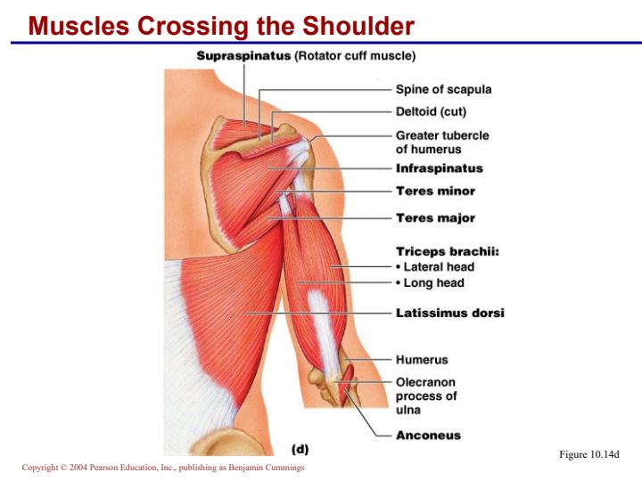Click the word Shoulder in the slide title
(x=358, y=26)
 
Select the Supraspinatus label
(x=243, y=55)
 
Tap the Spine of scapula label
(x=443, y=89)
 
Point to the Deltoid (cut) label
(x=431, y=111)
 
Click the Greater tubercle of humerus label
(x=442, y=142)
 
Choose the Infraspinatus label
(x=440, y=168)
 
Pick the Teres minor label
(x=436, y=191)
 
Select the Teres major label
(x=436, y=218)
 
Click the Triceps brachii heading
(x=448, y=251)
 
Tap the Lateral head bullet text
(x=435, y=267)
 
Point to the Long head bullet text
(x=430, y=282)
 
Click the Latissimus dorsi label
(x=450, y=313)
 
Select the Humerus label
(x=422, y=360)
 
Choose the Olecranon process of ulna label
(x=426, y=395)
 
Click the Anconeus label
(x=428, y=436)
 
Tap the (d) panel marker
(x=300, y=449)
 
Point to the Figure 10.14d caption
(x=589, y=454)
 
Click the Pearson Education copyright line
(x=163, y=467)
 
